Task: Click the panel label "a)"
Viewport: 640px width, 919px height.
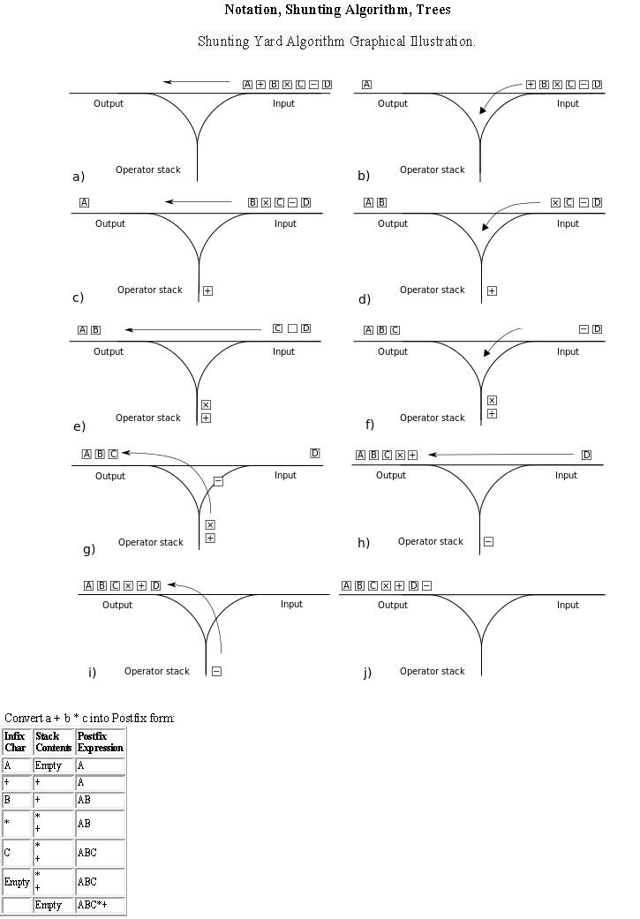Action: coord(78,177)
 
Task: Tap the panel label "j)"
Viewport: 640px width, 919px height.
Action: coord(367,673)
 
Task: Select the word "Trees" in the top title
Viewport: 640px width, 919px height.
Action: coord(433,11)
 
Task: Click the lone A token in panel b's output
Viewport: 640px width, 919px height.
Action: coord(366,85)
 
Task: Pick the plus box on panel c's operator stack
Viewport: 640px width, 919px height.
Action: coord(207,290)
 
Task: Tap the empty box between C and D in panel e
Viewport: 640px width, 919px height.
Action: coord(292,328)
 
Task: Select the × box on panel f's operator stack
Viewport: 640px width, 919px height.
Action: coord(492,401)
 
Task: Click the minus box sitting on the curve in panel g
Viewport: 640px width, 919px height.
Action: coord(218,481)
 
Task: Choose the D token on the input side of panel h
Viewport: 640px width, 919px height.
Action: coord(586,455)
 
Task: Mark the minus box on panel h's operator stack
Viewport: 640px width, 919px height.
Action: coord(488,541)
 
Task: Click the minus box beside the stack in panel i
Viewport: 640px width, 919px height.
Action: coord(216,671)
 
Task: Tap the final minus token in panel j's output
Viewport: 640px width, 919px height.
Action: coord(426,585)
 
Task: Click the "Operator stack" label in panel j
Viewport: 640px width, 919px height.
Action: coord(432,672)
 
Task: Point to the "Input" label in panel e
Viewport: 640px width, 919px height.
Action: coord(283,351)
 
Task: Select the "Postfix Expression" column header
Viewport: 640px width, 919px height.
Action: coord(100,742)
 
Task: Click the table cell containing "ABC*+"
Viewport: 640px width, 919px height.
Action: coord(100,905)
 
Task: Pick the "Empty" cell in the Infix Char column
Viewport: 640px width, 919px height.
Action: coord(17,882)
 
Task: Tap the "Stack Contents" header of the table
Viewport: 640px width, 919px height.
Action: coord(53,742)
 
